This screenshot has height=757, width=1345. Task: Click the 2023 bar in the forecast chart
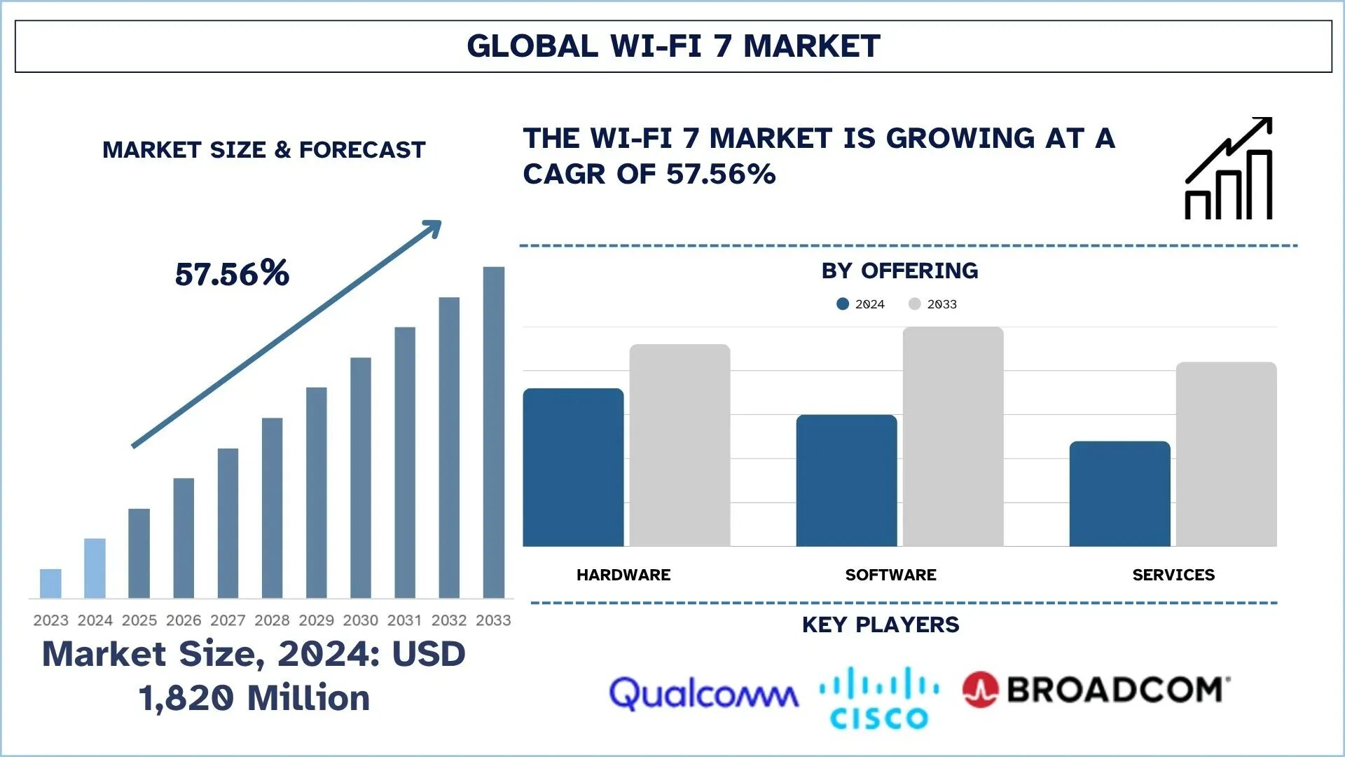click(50, 583)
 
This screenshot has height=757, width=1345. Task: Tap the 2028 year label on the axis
click(272, 620)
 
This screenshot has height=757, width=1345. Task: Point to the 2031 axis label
click(404, 620)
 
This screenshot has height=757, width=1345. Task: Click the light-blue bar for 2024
click(95, 568)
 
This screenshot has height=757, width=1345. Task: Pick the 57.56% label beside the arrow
click(232, 273)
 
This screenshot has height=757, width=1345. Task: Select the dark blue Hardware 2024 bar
click(573, 468)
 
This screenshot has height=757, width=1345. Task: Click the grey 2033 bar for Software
click(953, 436)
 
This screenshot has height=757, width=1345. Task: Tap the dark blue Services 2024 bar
click(1119, 493)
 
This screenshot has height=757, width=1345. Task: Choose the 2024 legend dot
click(843, 304)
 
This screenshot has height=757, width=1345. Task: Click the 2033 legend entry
click(934, 304)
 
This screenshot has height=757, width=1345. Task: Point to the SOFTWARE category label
click(890, 575)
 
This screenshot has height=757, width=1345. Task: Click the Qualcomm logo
click(703, 694)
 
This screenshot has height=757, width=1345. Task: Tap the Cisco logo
click(879, 697)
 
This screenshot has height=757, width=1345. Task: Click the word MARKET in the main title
click(811, 46)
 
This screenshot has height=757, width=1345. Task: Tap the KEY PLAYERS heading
click(881, 625)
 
